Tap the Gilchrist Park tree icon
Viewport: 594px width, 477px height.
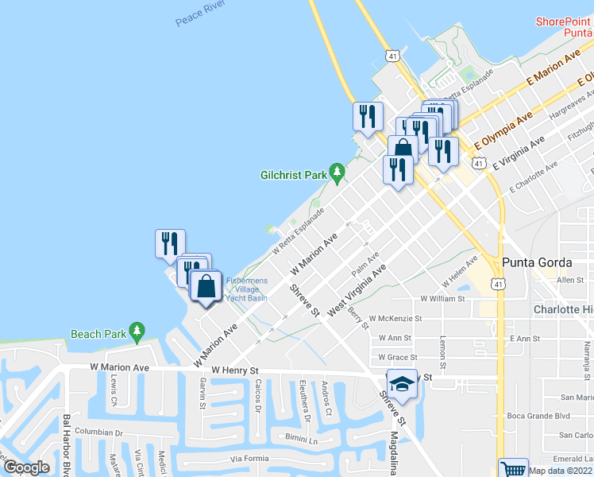click(x=337, y=170)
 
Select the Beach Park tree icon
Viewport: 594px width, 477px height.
click(x=137, y=330)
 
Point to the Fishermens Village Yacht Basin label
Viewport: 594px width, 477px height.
click(x=246, y=289)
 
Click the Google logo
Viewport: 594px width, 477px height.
click(x=26, y=467)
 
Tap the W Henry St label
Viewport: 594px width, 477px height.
click(x=235, y=370)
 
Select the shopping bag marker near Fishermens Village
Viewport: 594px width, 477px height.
click(x=206, y=288)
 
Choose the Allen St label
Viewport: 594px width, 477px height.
click(x=569, y=281)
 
